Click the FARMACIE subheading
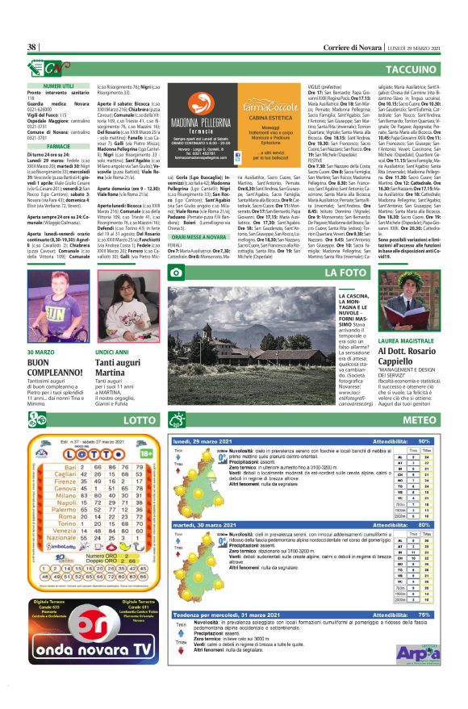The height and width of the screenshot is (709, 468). click(x=58, y=148)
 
